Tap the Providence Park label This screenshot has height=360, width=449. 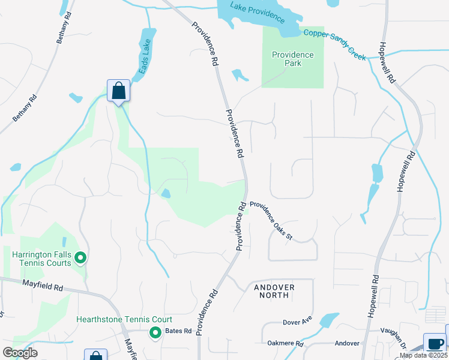coord(293,59)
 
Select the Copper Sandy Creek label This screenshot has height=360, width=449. coord(334,44)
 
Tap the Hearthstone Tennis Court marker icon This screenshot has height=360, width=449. coord(155,332)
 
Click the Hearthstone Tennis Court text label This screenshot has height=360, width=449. coord(124,320)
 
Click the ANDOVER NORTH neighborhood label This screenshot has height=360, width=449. coord(274,291)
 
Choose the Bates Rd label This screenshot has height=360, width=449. coord(178,331)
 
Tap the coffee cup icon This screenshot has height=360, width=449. coord(435,344)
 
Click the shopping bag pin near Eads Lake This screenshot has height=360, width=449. coord(119,91)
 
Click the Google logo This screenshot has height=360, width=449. coord(20,353)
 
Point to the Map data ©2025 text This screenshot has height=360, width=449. coord(423,355)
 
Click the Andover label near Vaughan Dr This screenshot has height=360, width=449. coord(347,344)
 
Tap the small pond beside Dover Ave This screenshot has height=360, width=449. coord(330,319)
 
